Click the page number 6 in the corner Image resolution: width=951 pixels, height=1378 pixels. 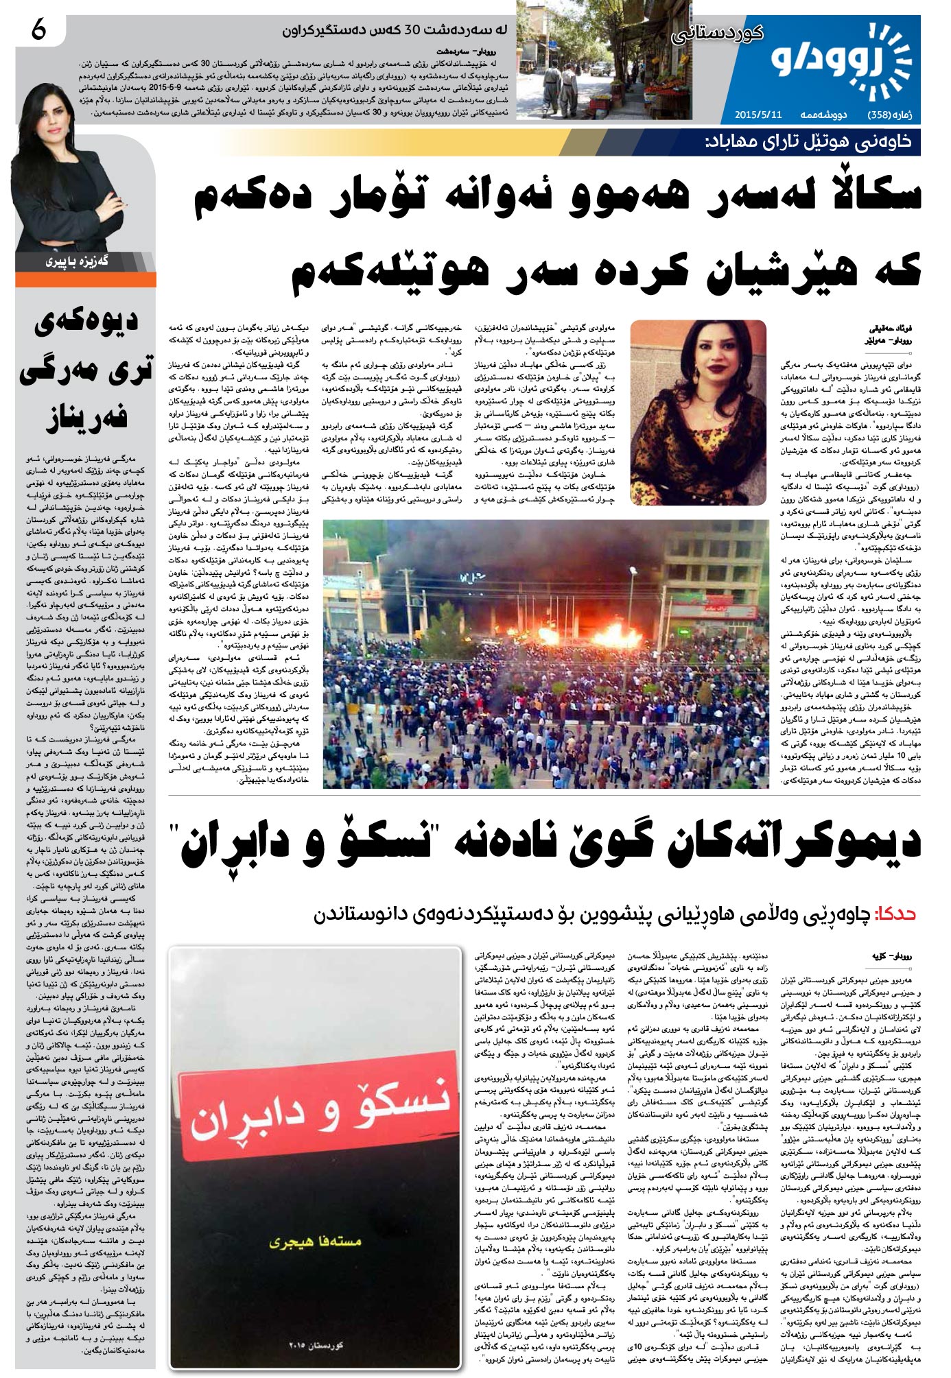(38, 30)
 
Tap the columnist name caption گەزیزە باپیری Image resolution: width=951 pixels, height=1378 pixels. (78, 261)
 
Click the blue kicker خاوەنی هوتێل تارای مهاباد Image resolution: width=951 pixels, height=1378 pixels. (809, 142)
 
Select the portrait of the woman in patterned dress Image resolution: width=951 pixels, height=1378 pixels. (697, 412)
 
